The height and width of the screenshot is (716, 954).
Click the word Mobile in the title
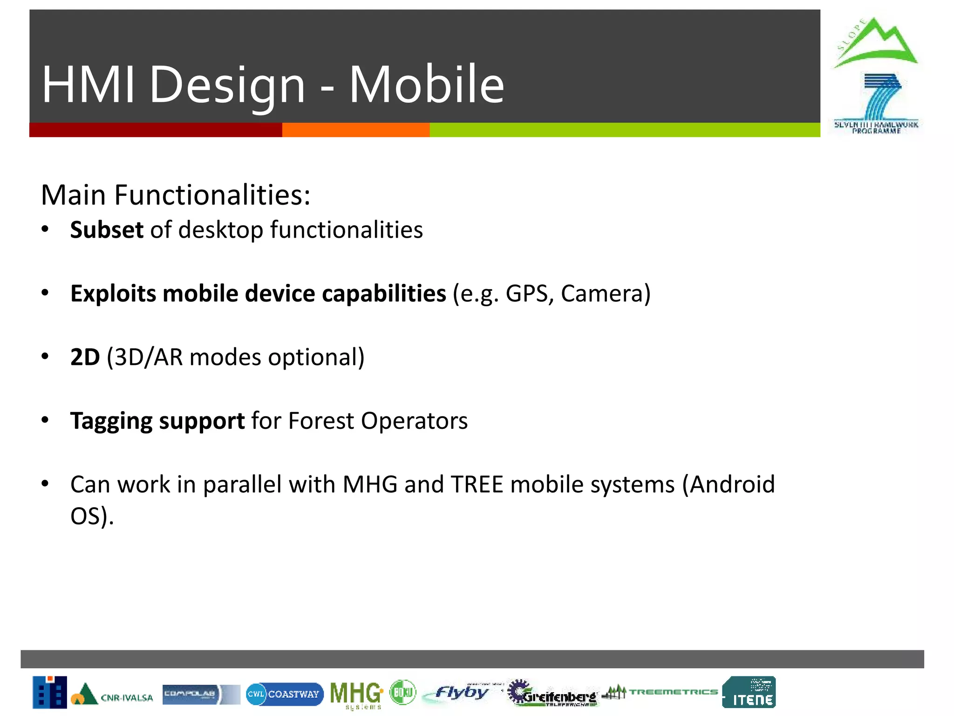click(426, 85)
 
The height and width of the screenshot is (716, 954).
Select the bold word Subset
click(107, 230)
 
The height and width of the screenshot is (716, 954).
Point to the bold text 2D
click(85, 357)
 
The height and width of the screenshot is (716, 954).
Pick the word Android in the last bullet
click(732, 484)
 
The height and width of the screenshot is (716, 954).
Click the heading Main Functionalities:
click(176, 195)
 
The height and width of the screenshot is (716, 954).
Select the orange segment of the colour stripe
click(355, 130)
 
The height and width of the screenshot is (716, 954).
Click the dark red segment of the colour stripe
click(156, 130)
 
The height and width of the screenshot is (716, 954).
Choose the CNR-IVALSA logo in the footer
click(112, 695)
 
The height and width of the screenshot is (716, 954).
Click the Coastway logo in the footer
click(284, 694)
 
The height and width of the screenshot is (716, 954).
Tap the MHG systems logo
click(356, 695)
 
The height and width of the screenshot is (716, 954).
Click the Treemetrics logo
click(660, 692)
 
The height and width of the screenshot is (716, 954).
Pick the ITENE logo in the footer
click(749, 692)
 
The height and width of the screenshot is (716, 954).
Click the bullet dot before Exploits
click(45, 293)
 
